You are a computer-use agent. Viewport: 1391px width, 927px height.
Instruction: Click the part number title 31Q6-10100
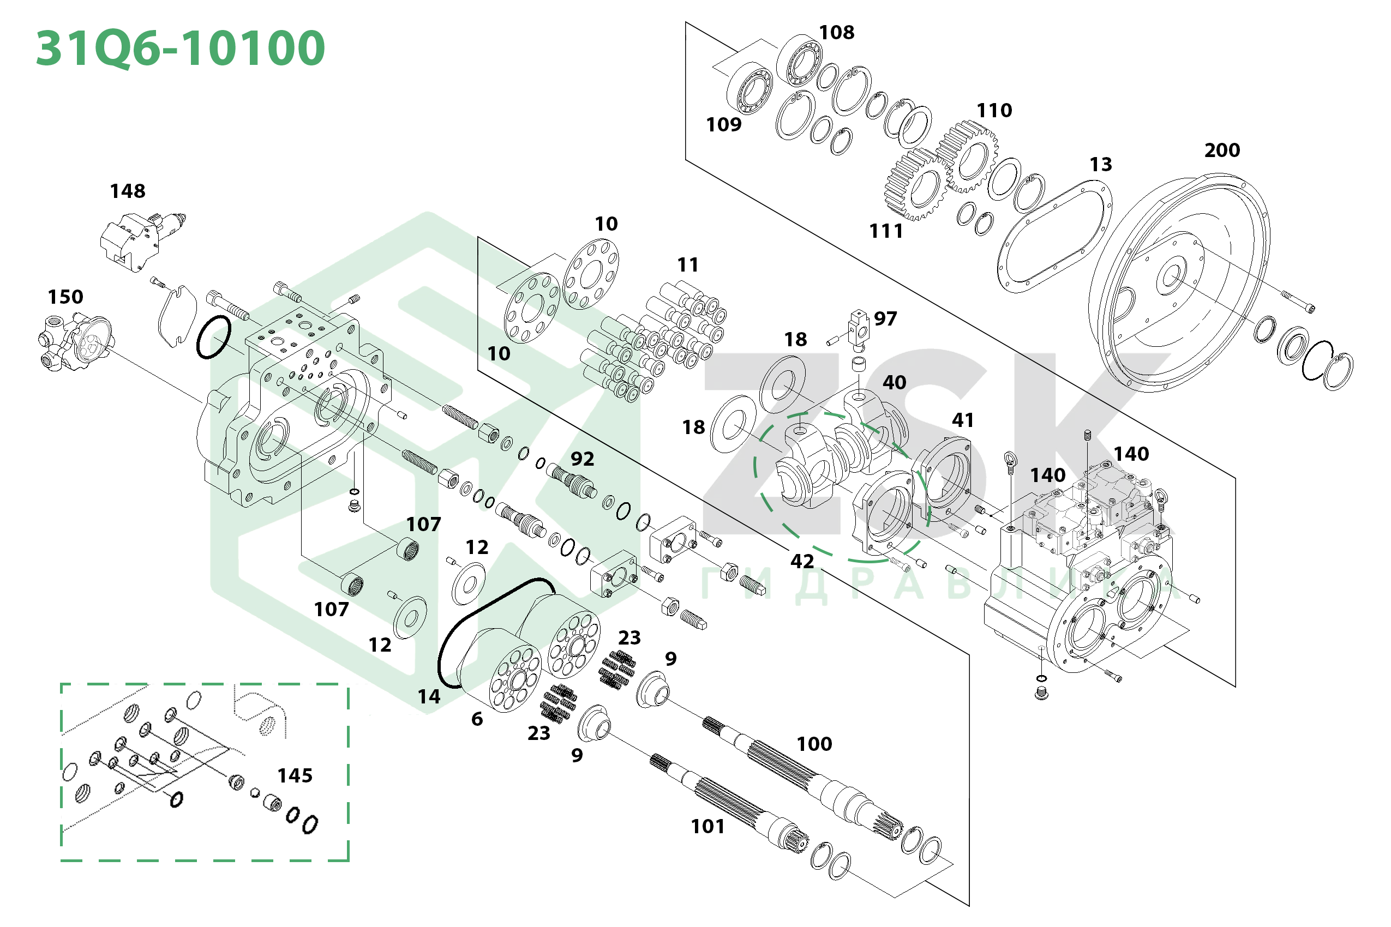[x=181, y=49]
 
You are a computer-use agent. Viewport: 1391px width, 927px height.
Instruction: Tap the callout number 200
[x=1222, y=150]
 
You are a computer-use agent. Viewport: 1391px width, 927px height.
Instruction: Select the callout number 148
[x=128, y=191]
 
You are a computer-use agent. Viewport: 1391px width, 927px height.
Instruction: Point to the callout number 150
[x=65, y=297]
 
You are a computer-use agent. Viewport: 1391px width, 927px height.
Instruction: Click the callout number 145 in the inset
[x=295, y=775]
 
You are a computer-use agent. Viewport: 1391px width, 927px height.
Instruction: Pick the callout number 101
[x=708, y=826]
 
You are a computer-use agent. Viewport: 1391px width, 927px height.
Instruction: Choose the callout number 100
[x=814, y=744]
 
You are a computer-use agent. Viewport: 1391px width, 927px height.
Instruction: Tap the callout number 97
[x=885, y=318]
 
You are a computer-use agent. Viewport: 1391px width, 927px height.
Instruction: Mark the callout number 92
[x=582, y=459]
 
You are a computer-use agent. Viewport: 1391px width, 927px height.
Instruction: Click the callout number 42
[x=802, y=561]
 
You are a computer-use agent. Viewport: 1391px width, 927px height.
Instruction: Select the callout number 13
[x=1101, y=164]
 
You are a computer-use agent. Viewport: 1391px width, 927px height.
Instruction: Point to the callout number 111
[x=886, y=231]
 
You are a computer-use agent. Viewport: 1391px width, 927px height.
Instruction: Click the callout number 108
[x=836, y=33]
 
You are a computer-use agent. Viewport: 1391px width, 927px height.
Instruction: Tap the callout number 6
[x=477, y=719]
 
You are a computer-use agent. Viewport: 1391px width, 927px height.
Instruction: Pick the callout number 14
[x=429, y=697]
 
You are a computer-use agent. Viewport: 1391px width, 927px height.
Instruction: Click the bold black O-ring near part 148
[x=213, y=337]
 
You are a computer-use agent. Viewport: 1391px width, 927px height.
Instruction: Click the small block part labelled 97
[x=859, y=328]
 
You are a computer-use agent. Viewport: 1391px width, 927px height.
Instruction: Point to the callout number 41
[x=963, y=420]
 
